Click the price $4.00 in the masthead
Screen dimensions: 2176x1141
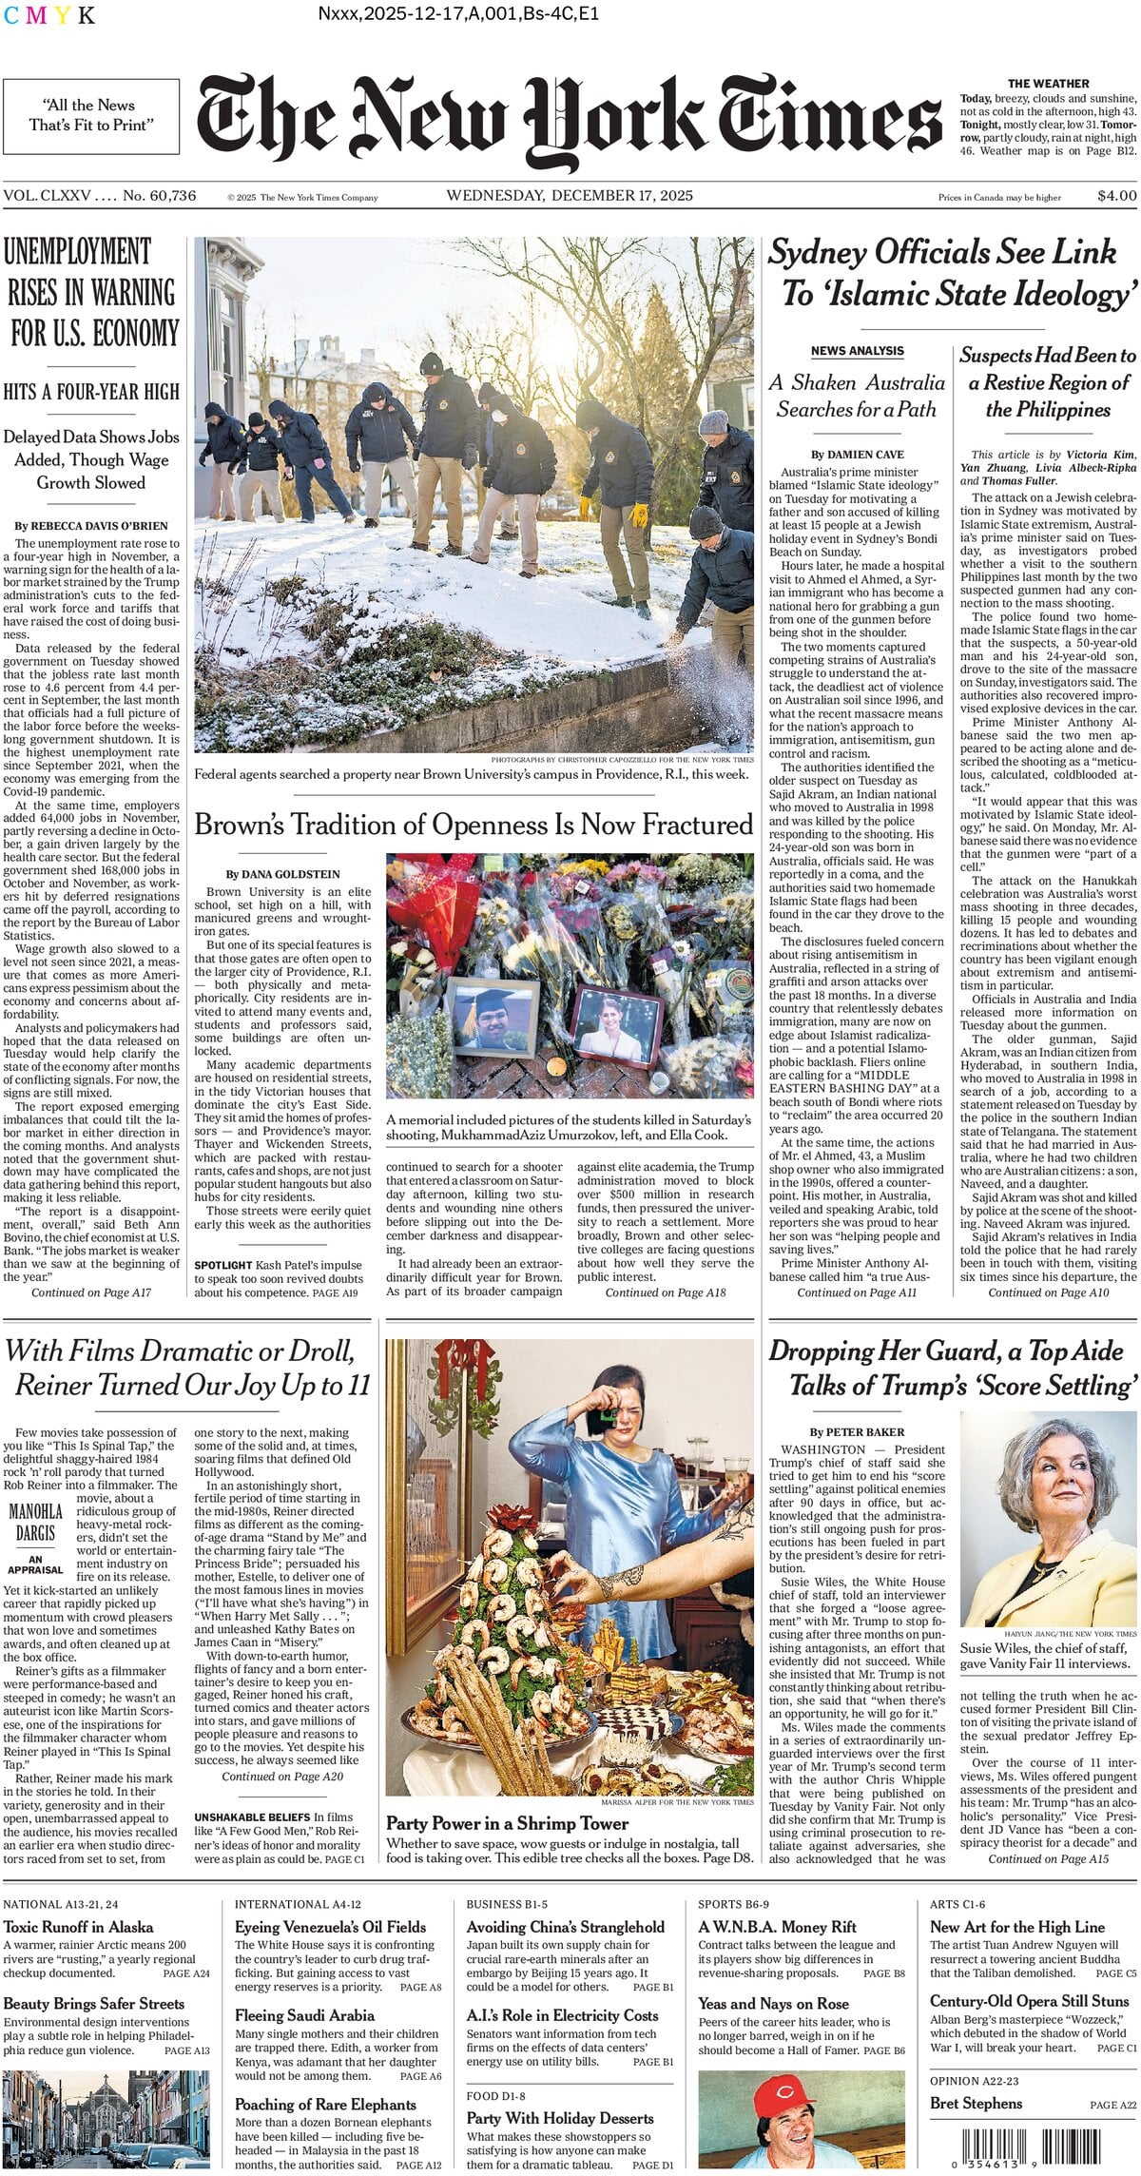1116,196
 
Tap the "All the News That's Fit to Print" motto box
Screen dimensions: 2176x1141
90,116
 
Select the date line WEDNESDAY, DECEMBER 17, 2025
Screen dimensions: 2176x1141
570,196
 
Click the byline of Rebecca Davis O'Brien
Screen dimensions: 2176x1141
91,525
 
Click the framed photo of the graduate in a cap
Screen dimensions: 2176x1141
492,1019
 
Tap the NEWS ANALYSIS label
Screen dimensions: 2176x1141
857,351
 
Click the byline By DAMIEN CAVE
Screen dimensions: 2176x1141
858,455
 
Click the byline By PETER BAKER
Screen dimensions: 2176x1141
857,1431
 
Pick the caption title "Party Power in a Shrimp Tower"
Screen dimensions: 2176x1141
507,1823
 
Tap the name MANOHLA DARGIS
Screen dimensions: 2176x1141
36,1522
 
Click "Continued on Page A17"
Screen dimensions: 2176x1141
91,1292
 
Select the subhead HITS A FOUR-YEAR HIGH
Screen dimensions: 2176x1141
91,392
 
